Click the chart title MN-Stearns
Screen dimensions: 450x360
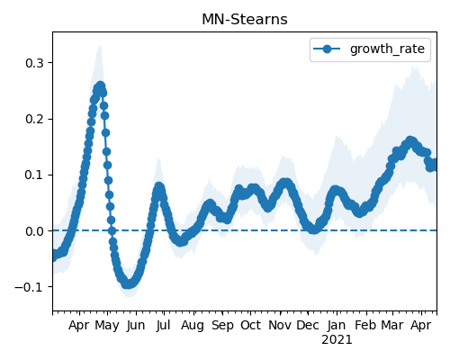tap(245, 20)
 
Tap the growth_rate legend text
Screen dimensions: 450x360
tap(387, 49)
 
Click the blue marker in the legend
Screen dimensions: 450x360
tap(327, 49)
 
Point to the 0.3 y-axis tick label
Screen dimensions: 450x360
tap(34, 63)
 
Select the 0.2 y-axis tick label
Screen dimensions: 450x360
tap(34, 119)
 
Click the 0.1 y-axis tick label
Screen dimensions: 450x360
tap(34, 175)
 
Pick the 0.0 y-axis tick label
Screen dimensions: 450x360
tap(34, 231)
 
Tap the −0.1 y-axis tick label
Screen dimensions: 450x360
tap(30, 287)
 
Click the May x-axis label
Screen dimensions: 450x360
tap(107, 326)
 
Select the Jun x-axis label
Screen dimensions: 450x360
tap(136, 326)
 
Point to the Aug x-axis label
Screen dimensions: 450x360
tap(193, 326)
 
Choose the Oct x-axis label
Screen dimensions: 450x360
tap(250, 325)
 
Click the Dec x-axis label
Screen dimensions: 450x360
tap(308, 325)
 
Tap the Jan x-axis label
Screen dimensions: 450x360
tap(337, 325)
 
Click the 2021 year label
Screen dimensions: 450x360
tap(337, 340)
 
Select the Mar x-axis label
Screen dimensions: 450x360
tap(392, 325)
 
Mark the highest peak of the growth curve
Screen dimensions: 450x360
tap(100, 86)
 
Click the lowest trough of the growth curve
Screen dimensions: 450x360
tap(128, 283)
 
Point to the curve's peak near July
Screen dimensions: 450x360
tap(158, 186)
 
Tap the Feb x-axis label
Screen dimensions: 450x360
tap(365, 325)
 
